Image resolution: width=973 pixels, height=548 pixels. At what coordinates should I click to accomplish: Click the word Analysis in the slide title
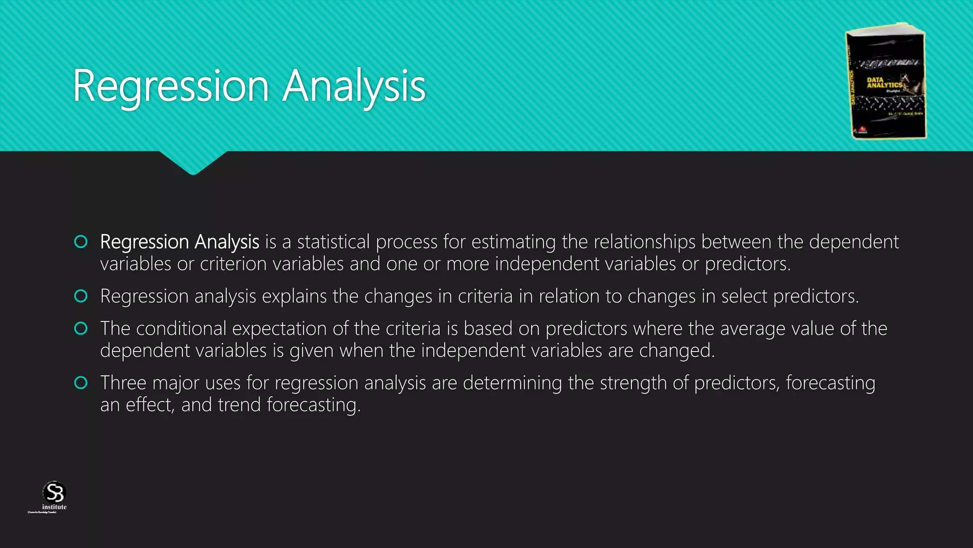pos(354,86)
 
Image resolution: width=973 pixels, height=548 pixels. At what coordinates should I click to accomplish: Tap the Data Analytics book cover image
pos(887,81)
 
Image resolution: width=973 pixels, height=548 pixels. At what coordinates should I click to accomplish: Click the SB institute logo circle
pos(54,492)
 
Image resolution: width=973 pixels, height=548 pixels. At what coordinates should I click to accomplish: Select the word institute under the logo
pos(54,507)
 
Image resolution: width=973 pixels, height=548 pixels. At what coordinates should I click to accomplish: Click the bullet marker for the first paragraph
pos(81,242)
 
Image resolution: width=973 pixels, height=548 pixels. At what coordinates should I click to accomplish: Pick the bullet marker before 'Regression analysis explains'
pos(81,296)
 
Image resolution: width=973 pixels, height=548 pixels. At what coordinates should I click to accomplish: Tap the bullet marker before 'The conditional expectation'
pos(81,328)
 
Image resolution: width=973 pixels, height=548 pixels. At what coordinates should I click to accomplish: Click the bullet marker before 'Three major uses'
pos(81,382)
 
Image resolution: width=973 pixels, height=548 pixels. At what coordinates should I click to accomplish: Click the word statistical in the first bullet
pos(333,242)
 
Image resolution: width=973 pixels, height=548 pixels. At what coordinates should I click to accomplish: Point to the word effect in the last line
pos(149,405)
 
